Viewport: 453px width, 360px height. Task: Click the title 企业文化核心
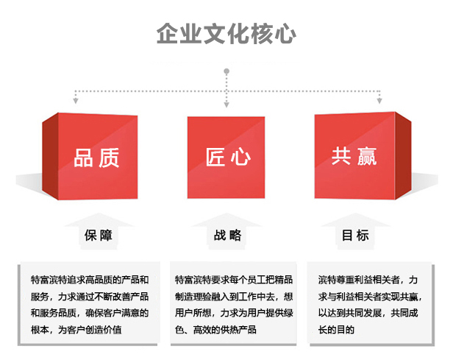click(226, 34)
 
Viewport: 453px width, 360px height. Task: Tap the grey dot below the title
click(226, 71)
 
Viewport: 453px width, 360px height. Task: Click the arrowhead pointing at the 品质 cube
click(76, 100)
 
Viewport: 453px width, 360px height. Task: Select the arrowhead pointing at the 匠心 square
click(226, 105)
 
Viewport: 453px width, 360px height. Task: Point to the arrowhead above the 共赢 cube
click(379, 100)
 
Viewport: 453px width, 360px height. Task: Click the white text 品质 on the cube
click(96, 158)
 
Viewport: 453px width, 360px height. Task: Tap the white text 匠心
click(228, 157)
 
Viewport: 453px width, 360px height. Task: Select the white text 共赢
click(354, 156)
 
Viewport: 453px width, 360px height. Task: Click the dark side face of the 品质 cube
click(50, 156)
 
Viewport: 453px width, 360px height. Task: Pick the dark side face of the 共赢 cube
click(403, 155)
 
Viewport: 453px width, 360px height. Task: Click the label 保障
click(99, 236)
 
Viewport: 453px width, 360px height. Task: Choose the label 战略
click(228, 235)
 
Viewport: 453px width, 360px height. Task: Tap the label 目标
click(355, 235)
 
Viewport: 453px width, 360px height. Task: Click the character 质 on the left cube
click(109, 158)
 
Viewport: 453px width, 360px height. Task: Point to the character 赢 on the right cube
click(367, 156)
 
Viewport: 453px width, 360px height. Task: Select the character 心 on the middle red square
click(240, 157)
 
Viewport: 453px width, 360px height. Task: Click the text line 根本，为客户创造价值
click(76, 330)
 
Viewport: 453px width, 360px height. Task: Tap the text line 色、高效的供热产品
click(215, 330)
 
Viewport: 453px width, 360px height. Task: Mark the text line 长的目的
click(336, 330)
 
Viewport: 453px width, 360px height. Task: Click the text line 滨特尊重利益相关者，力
click(368, 280)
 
